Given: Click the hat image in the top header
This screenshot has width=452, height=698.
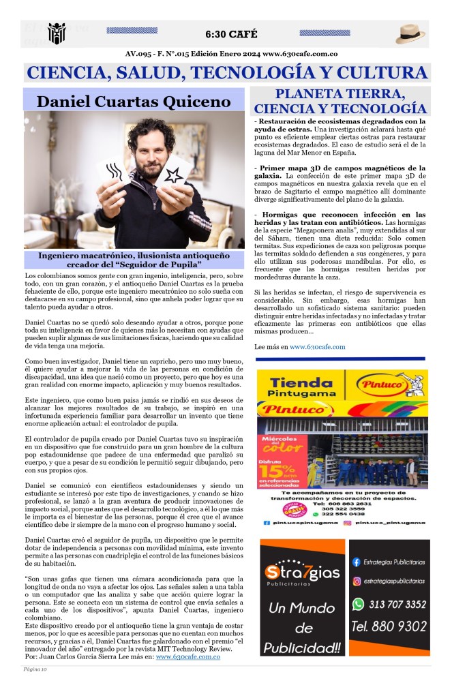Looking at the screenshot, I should tap(410, 33).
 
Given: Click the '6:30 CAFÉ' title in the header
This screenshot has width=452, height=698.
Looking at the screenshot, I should tap(231, 35).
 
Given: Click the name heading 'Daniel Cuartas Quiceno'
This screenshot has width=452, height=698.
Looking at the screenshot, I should tap(134, 102).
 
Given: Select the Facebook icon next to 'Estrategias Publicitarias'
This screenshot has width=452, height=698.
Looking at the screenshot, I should tap(356, 562).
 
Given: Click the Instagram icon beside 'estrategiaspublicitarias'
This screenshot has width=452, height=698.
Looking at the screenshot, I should tap(356, 581).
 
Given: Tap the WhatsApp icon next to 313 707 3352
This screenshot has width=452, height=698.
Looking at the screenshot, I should tap(358, 604).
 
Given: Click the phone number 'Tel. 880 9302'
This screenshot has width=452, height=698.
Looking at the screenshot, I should tap(389, 626).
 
